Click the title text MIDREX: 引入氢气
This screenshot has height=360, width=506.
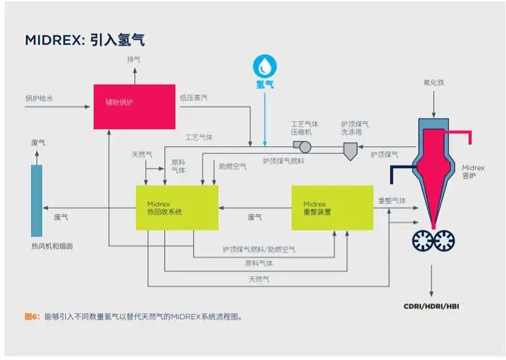tap(84, 40)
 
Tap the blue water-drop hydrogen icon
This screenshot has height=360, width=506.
tap(265, 66)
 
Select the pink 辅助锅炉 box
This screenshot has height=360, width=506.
tap(134, 106)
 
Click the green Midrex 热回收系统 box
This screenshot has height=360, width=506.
tap(177, 208)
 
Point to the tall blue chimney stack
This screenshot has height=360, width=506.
tap(37, 200)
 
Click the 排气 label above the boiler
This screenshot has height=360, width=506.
tap(134, 59)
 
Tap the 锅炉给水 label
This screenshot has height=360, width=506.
tap(39, 98)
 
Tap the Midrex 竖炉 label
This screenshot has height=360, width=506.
tap(473, 172)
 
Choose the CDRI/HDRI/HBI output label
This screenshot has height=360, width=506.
tap(432, 306)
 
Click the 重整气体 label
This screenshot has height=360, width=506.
tap(392, 200)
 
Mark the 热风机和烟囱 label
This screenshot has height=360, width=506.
tap(51, 247)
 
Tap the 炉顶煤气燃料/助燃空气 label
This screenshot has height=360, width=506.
tap(258, 249)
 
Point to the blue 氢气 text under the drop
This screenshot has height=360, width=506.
tap(265, 84)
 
